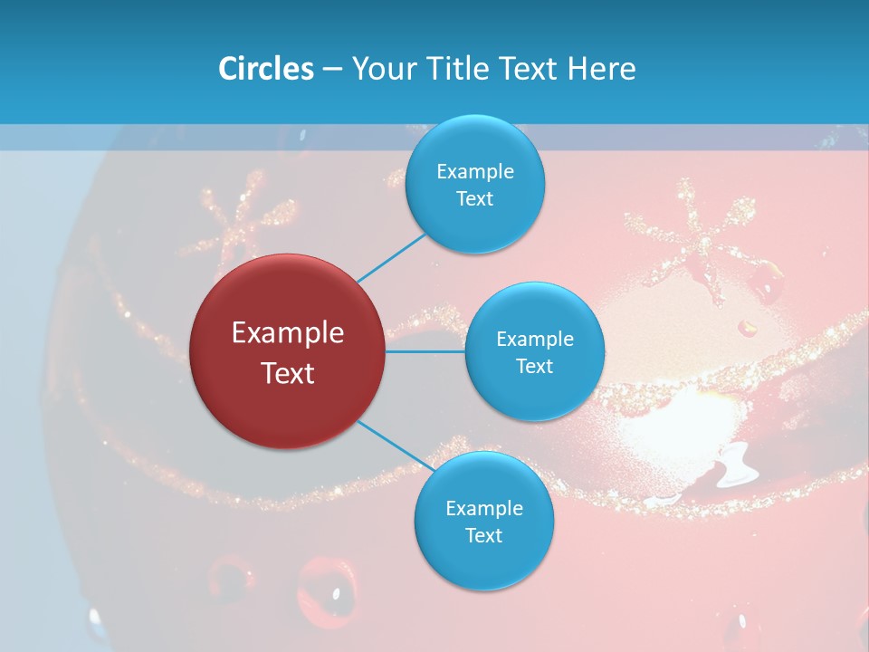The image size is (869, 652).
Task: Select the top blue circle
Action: [x=474, y=185]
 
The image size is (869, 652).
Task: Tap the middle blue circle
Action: [x=534, y=351]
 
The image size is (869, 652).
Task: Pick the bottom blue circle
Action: [x=483, y=522]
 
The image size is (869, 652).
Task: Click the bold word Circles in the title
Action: [x=266, y=68]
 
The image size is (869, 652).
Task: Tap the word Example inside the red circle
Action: [x=287, y=333]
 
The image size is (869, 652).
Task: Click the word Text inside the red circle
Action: [x=287, y=373]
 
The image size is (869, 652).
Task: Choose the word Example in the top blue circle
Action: [x=474, y=171]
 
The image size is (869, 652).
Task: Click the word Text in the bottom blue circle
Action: [x=483, y=535]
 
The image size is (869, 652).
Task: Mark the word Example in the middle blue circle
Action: [x=534, y=339]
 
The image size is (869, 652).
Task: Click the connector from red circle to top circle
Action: [x=391, y=258]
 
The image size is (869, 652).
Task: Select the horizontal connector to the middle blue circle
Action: [x=425, y=351]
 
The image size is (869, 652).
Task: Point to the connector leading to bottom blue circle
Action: [x=396, y=446]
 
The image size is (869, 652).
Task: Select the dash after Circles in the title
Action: [x=331, y=69]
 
